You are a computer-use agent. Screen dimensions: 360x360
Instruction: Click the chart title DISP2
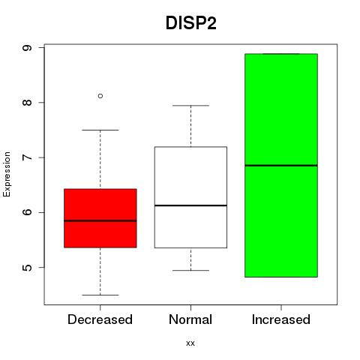(190, 23)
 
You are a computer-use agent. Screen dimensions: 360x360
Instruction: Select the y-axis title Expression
(7, 174)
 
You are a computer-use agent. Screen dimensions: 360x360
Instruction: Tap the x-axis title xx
(190, 343)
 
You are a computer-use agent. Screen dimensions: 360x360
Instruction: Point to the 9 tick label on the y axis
(27, 47)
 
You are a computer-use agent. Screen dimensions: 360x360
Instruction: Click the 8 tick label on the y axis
(27, 103)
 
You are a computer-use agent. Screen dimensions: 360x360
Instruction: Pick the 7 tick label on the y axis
(27, 157)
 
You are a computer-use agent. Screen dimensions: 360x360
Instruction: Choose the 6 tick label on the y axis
(27, 212)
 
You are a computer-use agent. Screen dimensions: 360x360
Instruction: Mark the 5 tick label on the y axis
(27, 267)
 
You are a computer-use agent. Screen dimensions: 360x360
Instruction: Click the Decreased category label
(100, 319)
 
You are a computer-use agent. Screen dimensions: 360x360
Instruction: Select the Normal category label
(190, 319)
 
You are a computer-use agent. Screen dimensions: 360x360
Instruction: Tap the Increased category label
(281, 319)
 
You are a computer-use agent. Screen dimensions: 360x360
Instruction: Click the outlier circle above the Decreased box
(100, 96)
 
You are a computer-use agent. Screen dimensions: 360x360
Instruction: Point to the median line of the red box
(100, 220)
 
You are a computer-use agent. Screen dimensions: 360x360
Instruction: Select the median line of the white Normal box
(190, 205)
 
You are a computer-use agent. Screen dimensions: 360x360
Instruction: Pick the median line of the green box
(281, 166)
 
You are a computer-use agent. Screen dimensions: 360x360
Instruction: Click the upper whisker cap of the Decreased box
(100, 130)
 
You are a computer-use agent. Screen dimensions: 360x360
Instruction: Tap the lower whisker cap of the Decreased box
(100, 295)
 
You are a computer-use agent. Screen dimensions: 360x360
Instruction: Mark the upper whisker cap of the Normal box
(190, 106)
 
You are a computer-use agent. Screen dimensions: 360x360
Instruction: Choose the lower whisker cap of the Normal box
(190, 270)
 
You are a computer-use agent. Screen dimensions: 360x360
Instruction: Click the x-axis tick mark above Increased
(281, 307)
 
